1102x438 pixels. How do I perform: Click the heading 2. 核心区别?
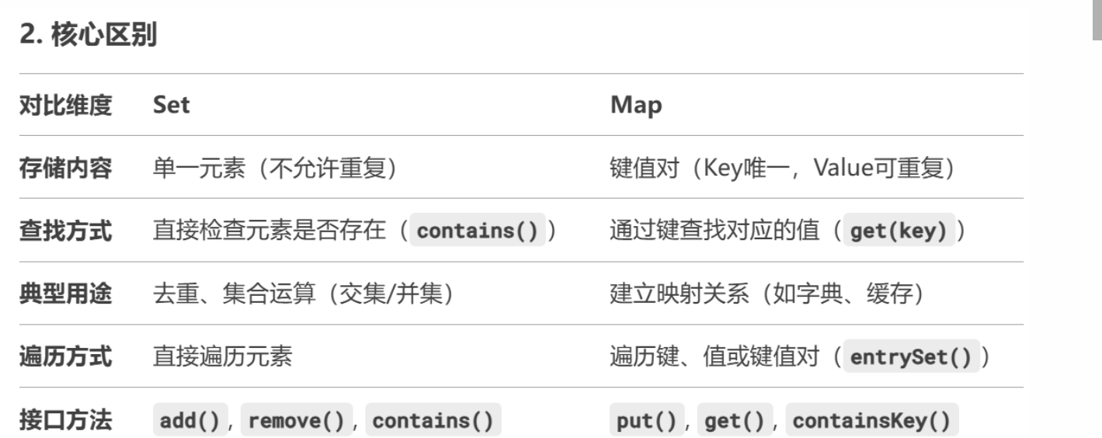pos(89,36)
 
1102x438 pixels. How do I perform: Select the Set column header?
pos(171,105)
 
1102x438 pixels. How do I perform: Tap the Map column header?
pos(636,105)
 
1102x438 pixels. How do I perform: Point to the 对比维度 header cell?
pos(65,105)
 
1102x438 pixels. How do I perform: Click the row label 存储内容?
pos(65,168)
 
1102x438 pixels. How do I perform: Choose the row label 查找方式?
pos(65,231)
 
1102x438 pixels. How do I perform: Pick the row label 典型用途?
pos(65,294)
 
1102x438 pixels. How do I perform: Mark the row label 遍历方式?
pos(65,357)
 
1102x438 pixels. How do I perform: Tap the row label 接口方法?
pos(65,420)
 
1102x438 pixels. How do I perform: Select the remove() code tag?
pos(297,421)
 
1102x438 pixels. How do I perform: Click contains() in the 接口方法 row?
pos(433,421)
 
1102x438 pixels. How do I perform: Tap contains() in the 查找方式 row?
pos(478,232)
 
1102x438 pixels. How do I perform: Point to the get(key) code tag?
pos(899,232)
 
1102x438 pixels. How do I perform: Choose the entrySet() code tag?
pos(910,358)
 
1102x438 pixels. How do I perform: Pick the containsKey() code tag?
pos(871,421)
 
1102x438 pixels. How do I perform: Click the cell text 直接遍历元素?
pos(223,357)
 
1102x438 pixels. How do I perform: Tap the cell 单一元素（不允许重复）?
pos(275,168)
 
